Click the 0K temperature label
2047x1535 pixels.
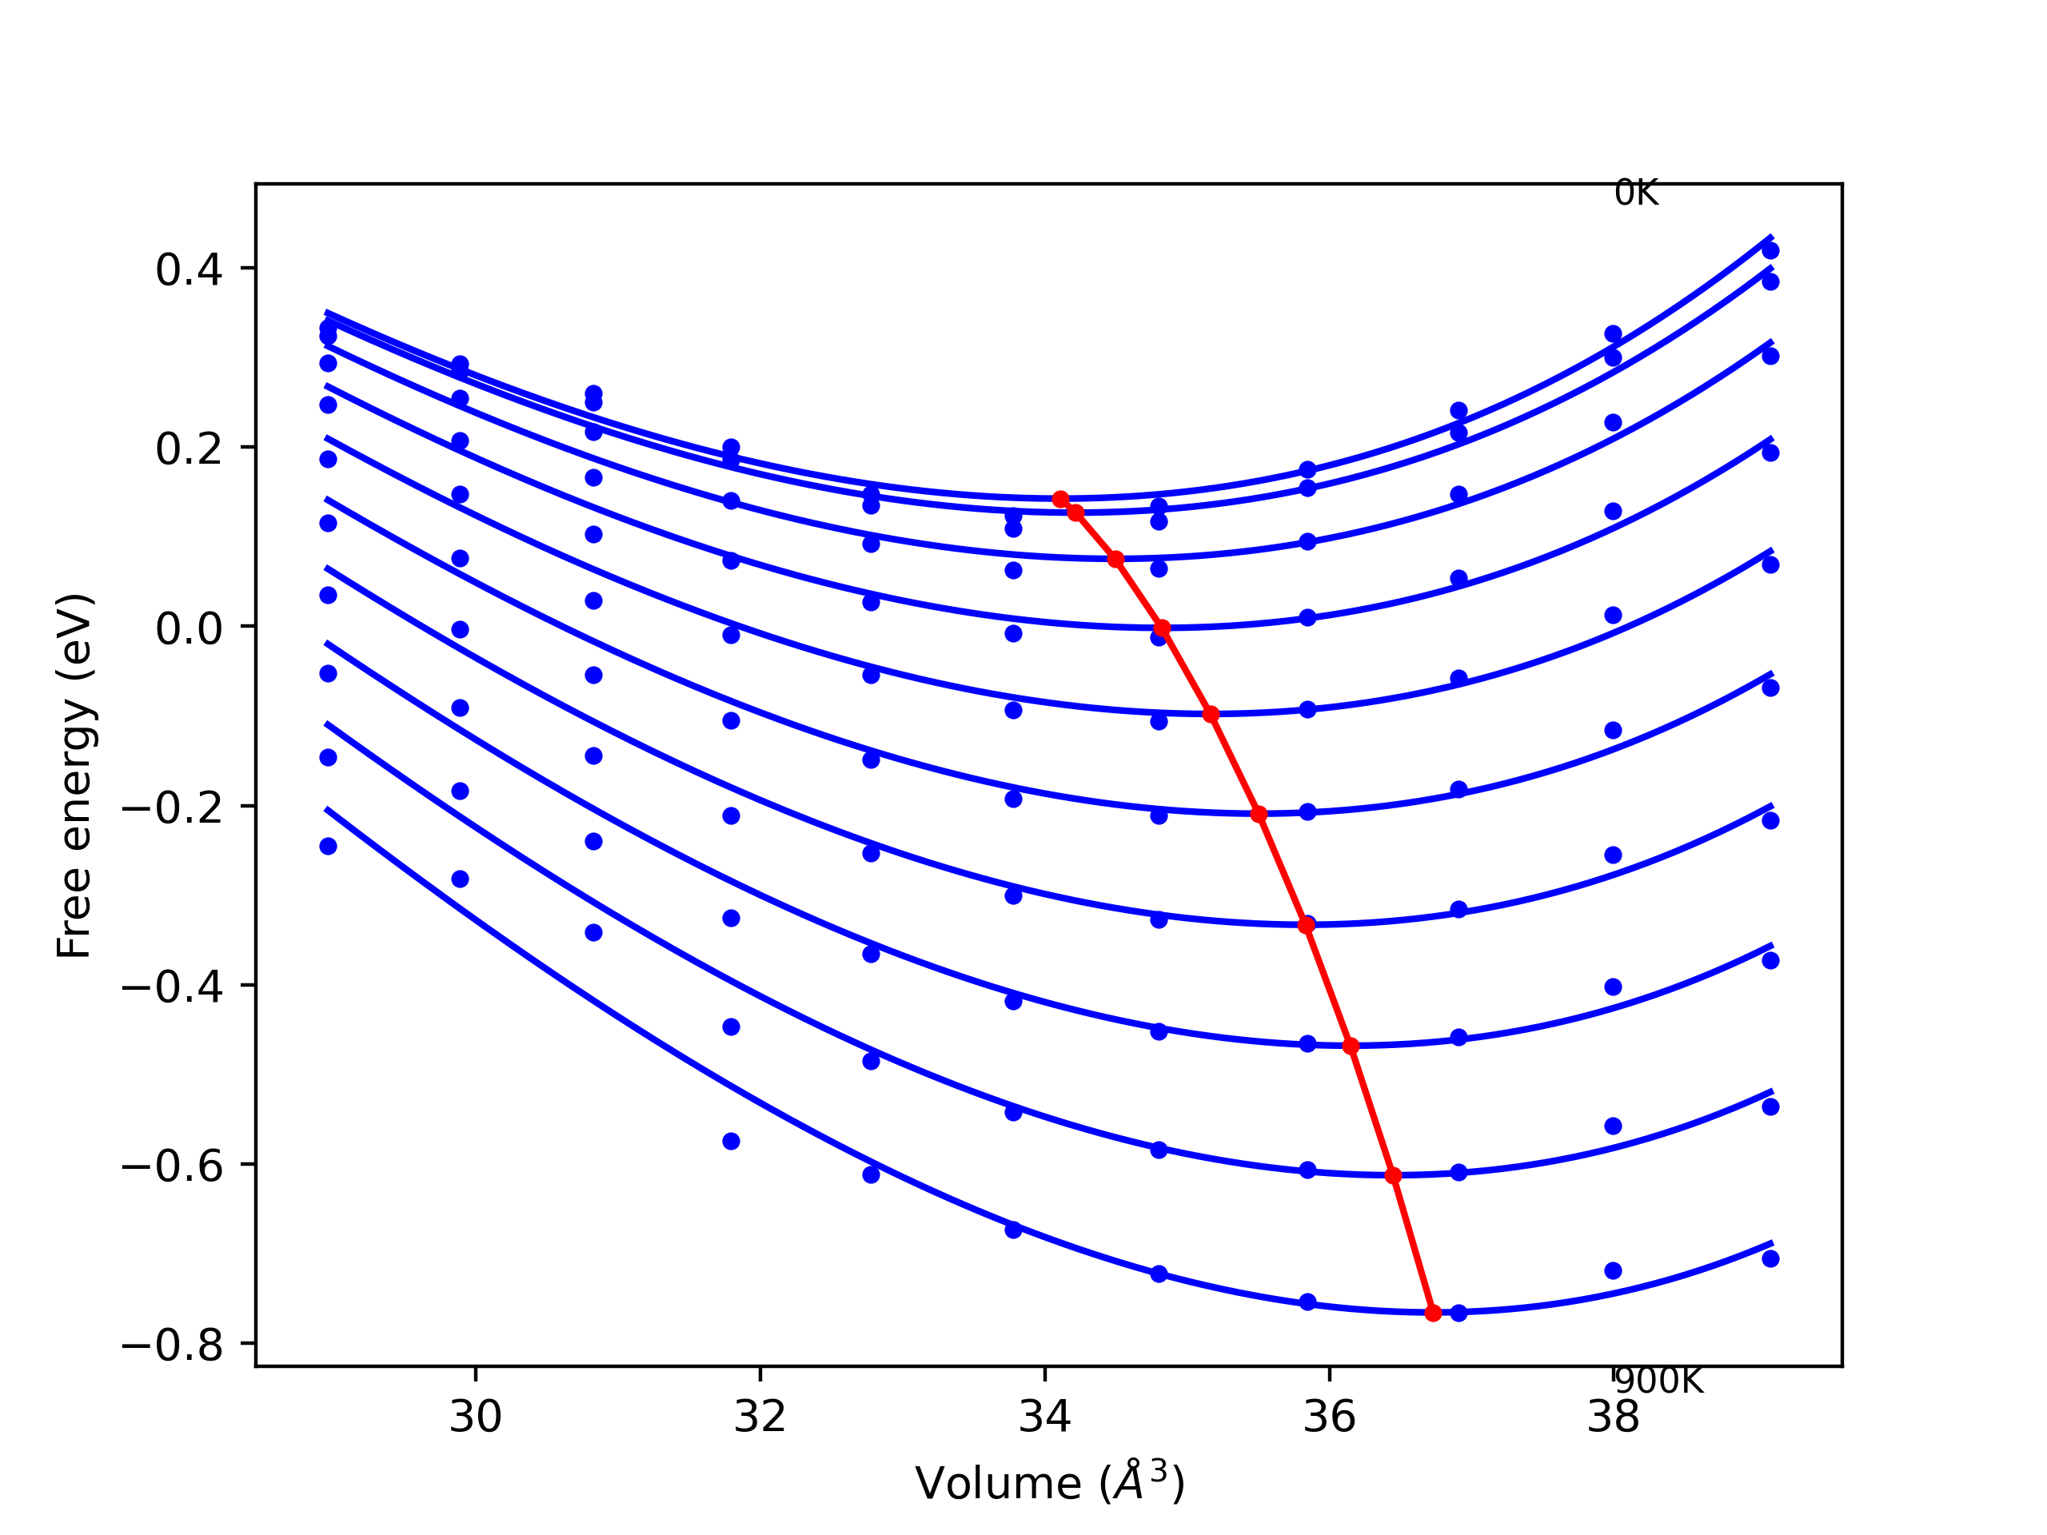click(x=1636, y=193)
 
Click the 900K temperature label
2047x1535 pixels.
click(x=1658, y=1381)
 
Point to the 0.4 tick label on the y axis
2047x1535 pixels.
click(x=189, y=270)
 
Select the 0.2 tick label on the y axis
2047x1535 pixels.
click(x=189, y=449)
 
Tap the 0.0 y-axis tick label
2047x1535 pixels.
click(x=189, y=629)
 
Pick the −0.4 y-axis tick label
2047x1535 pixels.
click(x=172, y=988)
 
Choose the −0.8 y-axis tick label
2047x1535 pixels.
click(x=172, y=1346)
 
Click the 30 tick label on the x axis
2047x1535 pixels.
click(x=476, y=1417)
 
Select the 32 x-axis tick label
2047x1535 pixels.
click(x=760, y=1417)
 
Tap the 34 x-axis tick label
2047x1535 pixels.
click(x=1045, y=1417)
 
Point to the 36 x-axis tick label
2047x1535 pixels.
click(x=1330, y=1417)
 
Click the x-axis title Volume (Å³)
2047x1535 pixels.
click(x=1049, y=1483)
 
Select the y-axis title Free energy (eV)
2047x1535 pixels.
click(x=74, y=775)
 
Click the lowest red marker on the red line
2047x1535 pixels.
click(x=1434, y=1313)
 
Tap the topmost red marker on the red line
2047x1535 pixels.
click(x=1060, y=500)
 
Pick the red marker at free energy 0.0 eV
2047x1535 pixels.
click(x=1163, y=628)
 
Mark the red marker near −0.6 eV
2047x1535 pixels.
click(x=1394, y=1176)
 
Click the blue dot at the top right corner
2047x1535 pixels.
click(x=1770, y=251)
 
